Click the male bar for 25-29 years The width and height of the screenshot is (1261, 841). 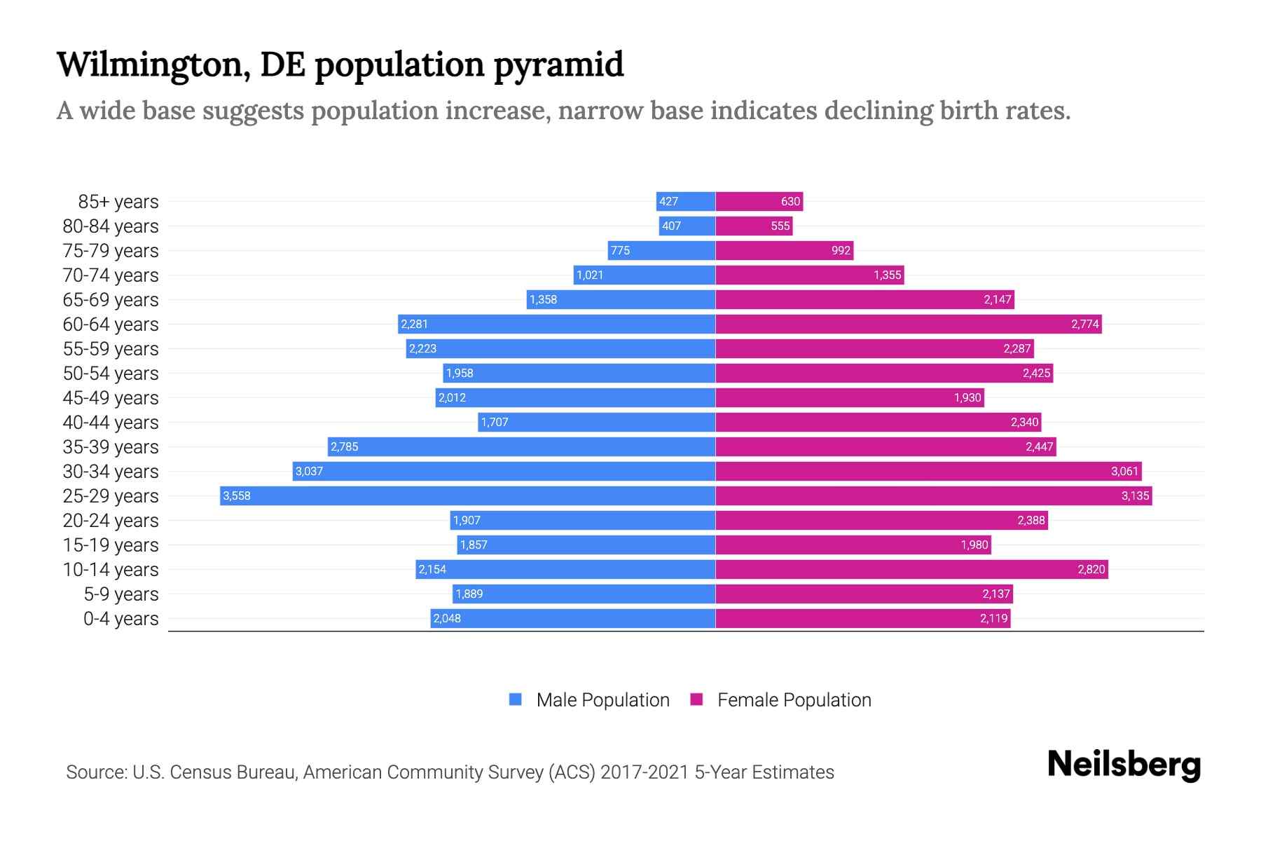click(467, 495)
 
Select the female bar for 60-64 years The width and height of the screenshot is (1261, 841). click(908, 324)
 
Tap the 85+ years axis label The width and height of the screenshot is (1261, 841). click(118, 202)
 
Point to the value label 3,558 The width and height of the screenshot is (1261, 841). click(237, 495)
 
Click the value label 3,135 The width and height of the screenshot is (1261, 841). click(1135, 495)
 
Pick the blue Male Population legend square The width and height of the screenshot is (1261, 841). click(516, 699)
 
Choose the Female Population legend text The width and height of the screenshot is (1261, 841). click(794, 699)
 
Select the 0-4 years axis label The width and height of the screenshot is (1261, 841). click(121, 619)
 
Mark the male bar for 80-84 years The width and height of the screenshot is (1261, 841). click(687, 226)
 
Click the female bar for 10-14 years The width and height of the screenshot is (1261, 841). click(911, 569)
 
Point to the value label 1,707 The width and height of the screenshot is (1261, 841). click(495, 422)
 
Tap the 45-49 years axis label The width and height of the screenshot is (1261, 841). click(111, 398)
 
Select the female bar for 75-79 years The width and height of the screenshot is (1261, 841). click(784, 250)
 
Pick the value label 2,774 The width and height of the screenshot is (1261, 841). click(1084, 324)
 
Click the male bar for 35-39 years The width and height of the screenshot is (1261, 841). click(521, 446)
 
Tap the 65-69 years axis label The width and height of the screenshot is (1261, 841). click(111, 300)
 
